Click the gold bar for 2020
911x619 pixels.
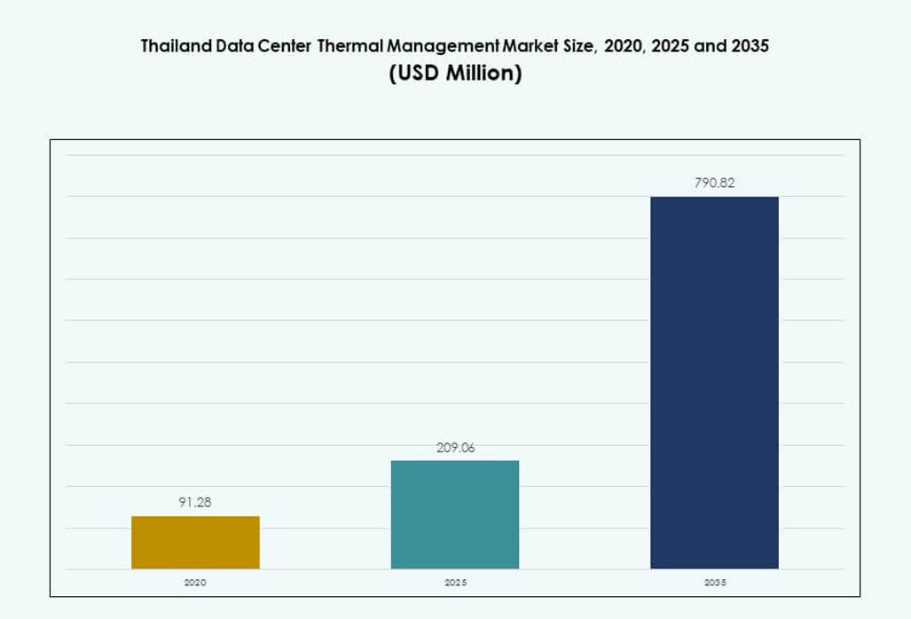coord(195,542)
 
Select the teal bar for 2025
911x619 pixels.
coord(454,514)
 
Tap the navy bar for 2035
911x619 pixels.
coord(714,382)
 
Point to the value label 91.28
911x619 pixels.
coord(195,502)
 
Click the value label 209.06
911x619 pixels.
coord(455,448)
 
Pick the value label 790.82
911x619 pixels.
coord(714,184)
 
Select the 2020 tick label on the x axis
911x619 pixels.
coord(195,583)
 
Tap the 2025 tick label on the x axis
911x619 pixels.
coord(455,583)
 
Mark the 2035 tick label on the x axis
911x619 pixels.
coord(714,583)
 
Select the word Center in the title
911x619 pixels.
coord(285,46)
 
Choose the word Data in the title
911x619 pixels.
coord(235,46)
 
